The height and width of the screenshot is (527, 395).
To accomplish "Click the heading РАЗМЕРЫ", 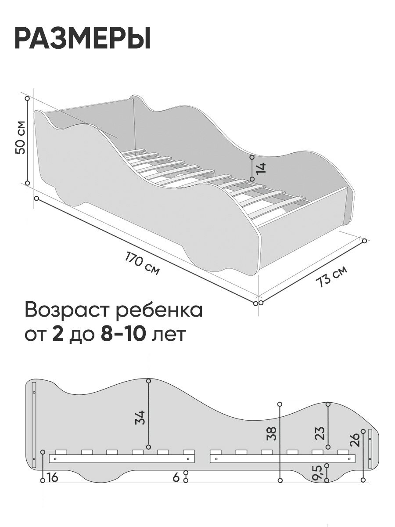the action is click(83, 39).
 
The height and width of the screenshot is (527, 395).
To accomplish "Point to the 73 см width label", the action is click(331, 277).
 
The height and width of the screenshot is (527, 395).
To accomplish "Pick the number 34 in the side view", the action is click(140, 417).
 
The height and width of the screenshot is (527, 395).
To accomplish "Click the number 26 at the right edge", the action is click(355, 439).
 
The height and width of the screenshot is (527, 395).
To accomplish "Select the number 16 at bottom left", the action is click(52, 477).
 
